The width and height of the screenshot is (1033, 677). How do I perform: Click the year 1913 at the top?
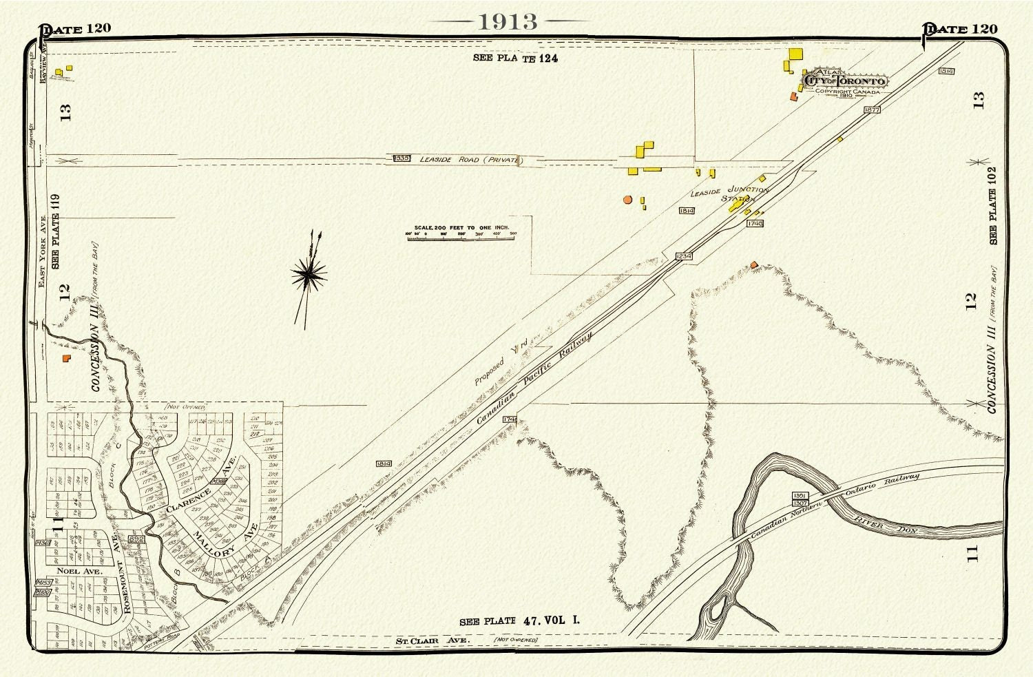508,21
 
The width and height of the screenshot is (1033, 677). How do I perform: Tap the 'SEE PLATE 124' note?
515,59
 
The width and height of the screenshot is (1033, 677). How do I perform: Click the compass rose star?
309,275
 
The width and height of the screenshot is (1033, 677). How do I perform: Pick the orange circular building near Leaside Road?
627,200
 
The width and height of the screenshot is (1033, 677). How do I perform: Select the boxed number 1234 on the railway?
684,256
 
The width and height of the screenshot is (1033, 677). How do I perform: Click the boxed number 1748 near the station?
755,223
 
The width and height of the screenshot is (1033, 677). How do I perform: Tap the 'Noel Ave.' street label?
79,571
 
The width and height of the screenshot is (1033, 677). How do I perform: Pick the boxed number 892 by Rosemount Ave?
136,539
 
